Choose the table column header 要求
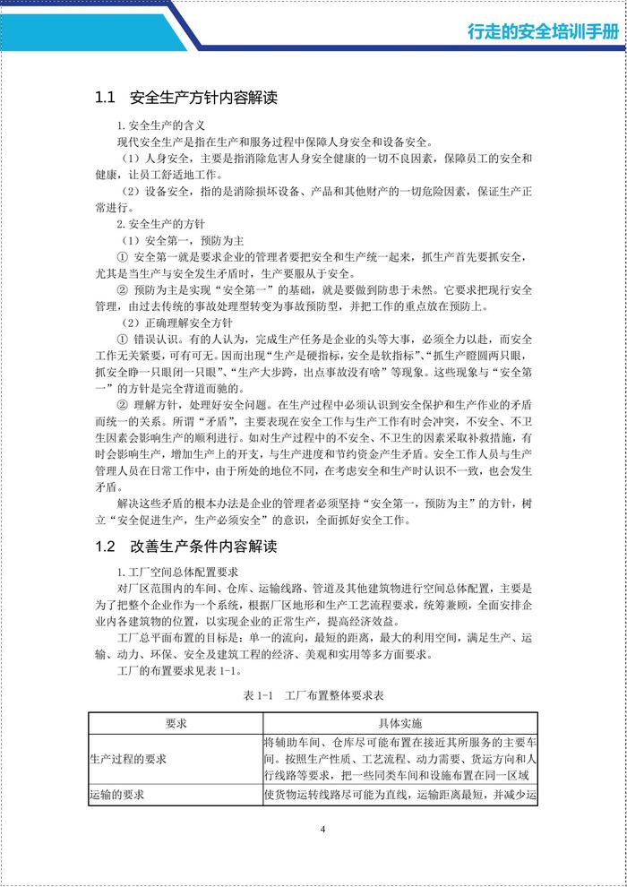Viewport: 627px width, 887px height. click(176, 724)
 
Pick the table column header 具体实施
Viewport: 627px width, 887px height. click(399, 724)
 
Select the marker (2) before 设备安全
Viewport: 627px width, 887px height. click(129, 191)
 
